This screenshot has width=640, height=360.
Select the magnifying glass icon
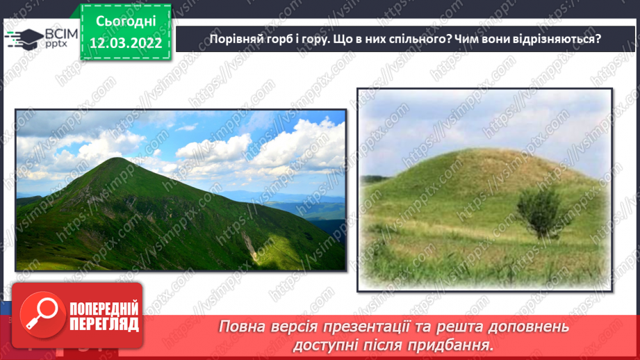click(x=38, y=315)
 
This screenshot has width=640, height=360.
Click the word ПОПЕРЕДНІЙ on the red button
click(x=104, y=309)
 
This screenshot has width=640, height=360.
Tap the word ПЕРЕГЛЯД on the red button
click(x=104, y=324)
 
